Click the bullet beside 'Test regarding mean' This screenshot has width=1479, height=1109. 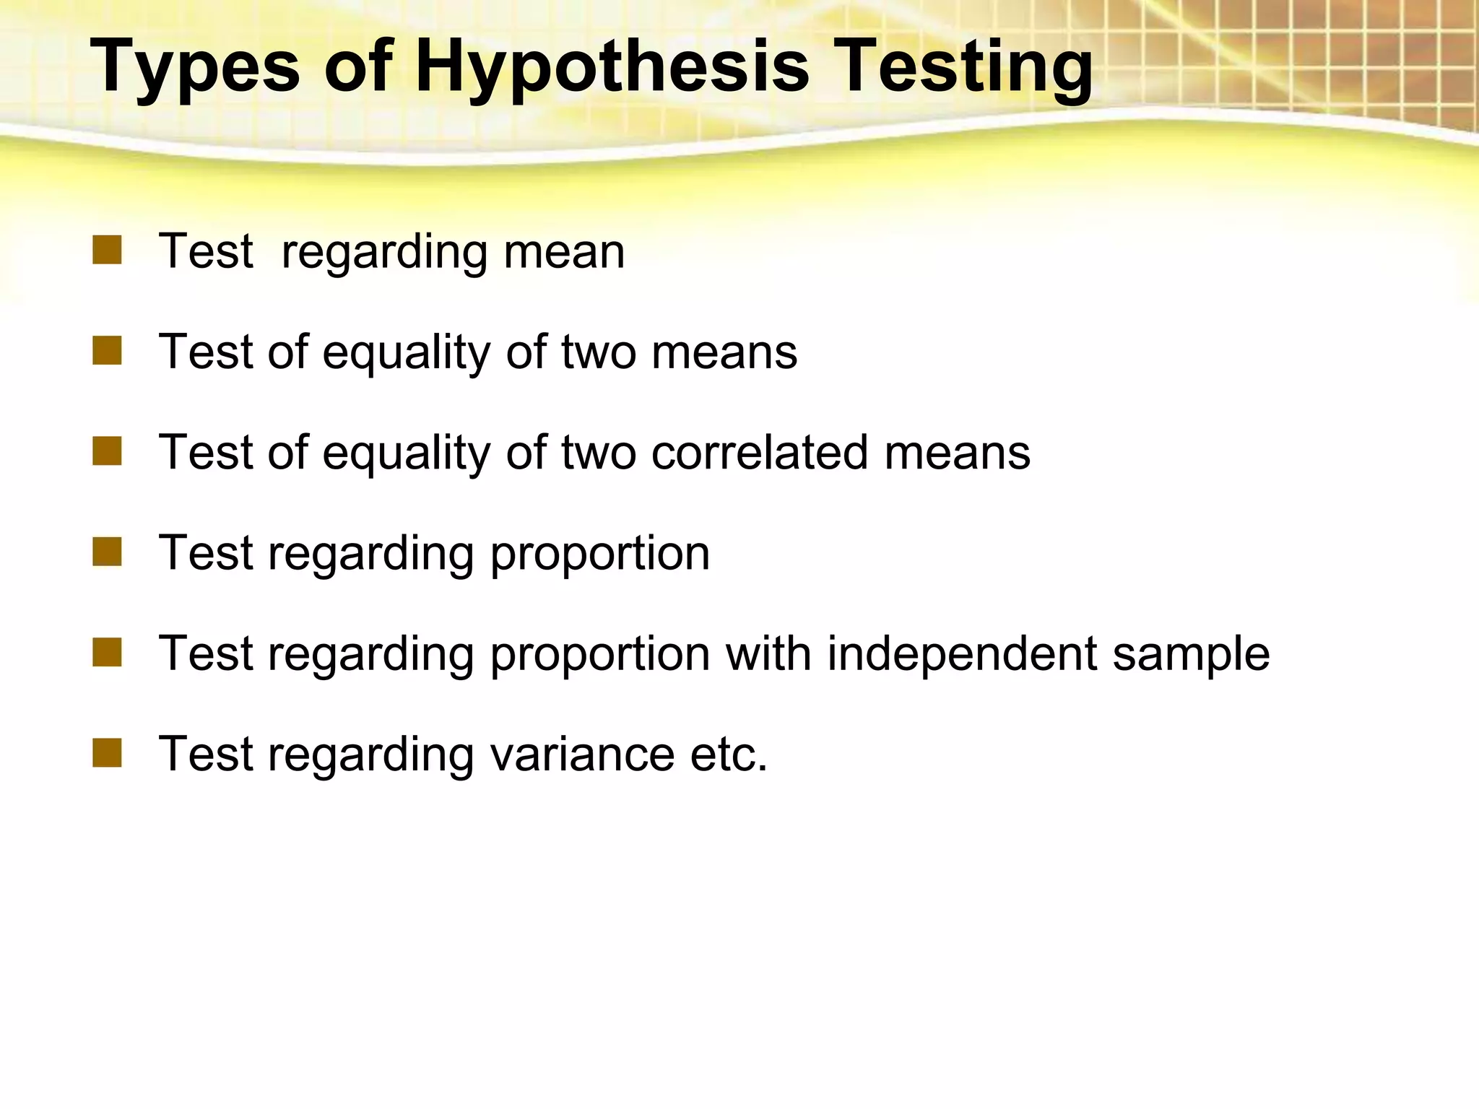point(107,251)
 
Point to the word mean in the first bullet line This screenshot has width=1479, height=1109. point(564,252)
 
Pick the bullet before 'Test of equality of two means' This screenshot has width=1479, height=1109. point(107,352)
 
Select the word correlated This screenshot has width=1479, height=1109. point(760,453)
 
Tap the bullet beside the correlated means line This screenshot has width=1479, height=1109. point(107,452)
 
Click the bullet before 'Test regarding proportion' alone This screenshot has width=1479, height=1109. point(107,552)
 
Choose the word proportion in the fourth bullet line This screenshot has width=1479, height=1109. point(600,554)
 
